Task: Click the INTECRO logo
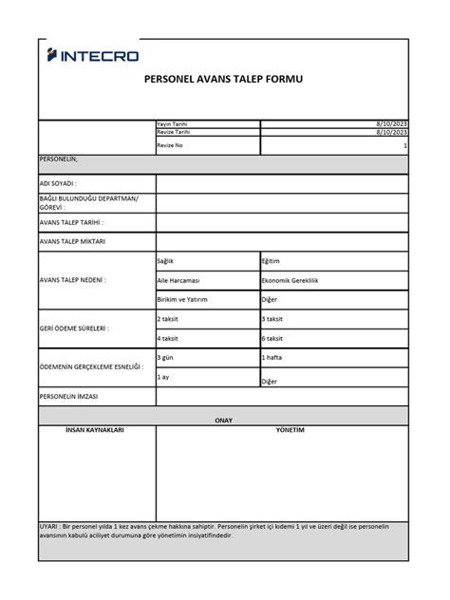pos(93,57)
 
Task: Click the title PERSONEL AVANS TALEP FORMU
pos(223,83)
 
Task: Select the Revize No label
pos(170,145)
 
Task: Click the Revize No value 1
pos(405,145)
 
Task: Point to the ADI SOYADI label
pos(58,182)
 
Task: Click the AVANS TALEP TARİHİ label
pos(71,222)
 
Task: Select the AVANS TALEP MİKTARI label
pos(72,241)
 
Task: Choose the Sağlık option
pos(166,261)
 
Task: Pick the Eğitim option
pos(272,261)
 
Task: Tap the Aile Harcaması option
pos(178,281)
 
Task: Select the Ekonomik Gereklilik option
pos(293,281)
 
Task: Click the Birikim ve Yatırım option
pos(182,299)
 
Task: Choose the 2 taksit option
pos(168,319)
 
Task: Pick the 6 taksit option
pos(272,338)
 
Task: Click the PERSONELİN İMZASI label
pos(69,396)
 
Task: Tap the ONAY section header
pos(223,419)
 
